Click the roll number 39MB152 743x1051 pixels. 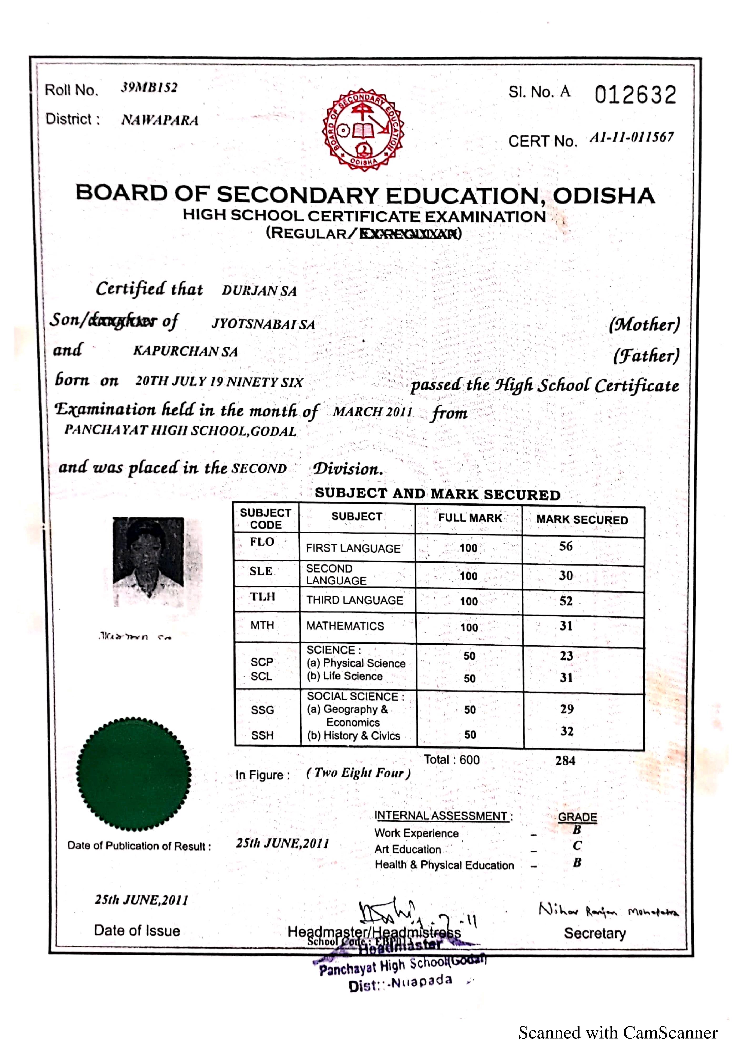coord(149,87)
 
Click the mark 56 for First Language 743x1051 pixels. coord(566,546)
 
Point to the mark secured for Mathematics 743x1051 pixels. coord(566,626)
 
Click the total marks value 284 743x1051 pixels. coord(565,760)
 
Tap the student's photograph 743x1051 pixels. coord(149,562)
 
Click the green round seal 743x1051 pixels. coord(134,774)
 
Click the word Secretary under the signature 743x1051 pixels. coord(594,933)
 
